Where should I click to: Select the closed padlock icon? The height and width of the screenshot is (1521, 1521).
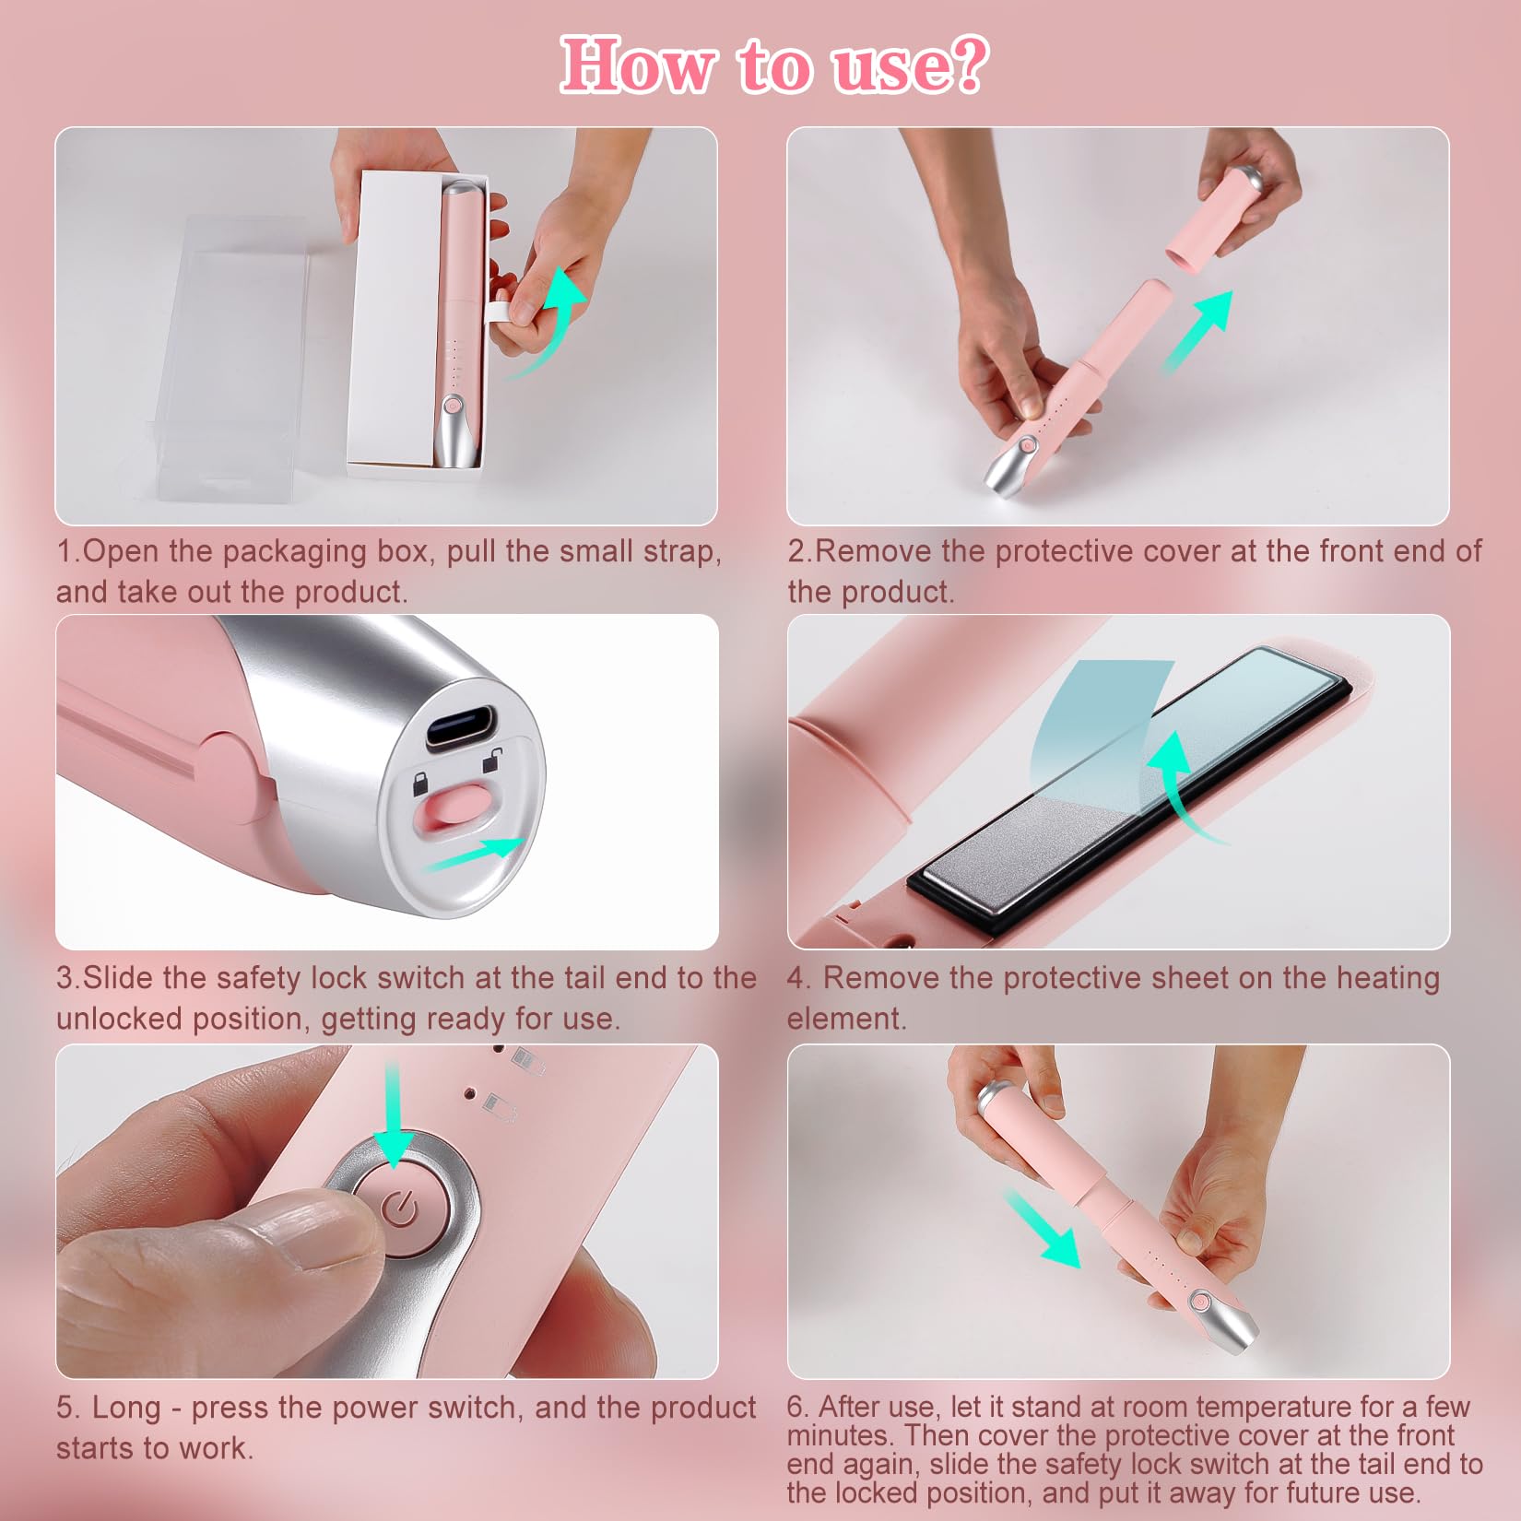click(419, 785)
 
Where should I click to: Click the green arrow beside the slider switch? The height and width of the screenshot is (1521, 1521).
click(474, 855)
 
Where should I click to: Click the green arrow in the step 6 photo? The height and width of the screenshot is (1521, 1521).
click(1042, 1228)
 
